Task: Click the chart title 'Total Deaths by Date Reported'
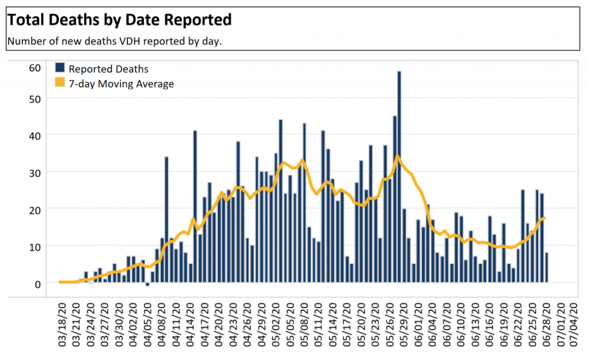click(119, 20)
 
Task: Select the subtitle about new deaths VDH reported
click(114, 42)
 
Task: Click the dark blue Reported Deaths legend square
click(60, 68)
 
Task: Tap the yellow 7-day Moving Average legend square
click(60, 84)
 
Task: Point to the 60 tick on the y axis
click(35, 67)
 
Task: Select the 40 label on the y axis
click(35, 135)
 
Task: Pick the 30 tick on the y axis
click(35, 172)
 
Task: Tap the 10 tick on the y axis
click(35, 246)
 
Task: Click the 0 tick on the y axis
click(37, 283)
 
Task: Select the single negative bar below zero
click(147, 285)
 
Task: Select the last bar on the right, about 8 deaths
click(546, 268)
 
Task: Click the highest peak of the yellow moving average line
click(397, 156)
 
